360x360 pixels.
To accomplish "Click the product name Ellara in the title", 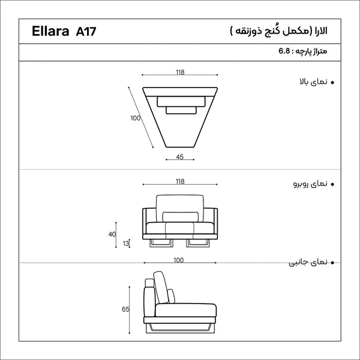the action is (x=50, y=31).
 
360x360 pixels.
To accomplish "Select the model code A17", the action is (x=86, y=31).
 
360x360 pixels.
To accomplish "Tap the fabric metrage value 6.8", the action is (x=284, y=51).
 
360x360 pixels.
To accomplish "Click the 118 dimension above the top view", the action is (x=180, y=73).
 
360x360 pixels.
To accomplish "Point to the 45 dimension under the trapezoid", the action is (x=180, y=157).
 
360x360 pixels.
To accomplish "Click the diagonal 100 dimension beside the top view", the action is (x=136, y=118).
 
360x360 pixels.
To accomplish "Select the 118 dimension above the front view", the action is (x=180, y=182).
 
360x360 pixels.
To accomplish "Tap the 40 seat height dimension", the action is (x=112, y=235).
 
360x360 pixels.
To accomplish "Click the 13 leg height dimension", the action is (x=126, y=244).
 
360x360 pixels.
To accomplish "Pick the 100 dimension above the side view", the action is (x=179, y=260).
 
